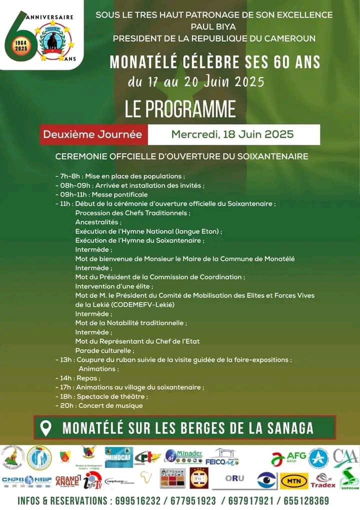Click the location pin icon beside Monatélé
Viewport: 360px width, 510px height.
click(x=46, y=428)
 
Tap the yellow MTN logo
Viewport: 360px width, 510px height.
click(x=294, y=480)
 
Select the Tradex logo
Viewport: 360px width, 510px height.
click(x=323, y=481)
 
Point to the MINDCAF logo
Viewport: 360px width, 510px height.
click(x=118, y=457)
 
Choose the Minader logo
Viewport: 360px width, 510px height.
click(x=183, y=455)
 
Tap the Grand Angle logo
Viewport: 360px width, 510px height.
click(x=67, y=481)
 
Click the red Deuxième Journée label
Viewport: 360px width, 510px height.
click(x=92, y=135)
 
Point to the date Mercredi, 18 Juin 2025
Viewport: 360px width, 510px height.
click(x=232, y=135)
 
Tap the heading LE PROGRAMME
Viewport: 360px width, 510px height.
click(x=180, y=109)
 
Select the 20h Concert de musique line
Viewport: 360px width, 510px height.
click(x=99, y=405)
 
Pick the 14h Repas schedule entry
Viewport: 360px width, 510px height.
click(x=78, y=378)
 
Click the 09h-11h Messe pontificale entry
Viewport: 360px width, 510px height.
click(x=101, y=194)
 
